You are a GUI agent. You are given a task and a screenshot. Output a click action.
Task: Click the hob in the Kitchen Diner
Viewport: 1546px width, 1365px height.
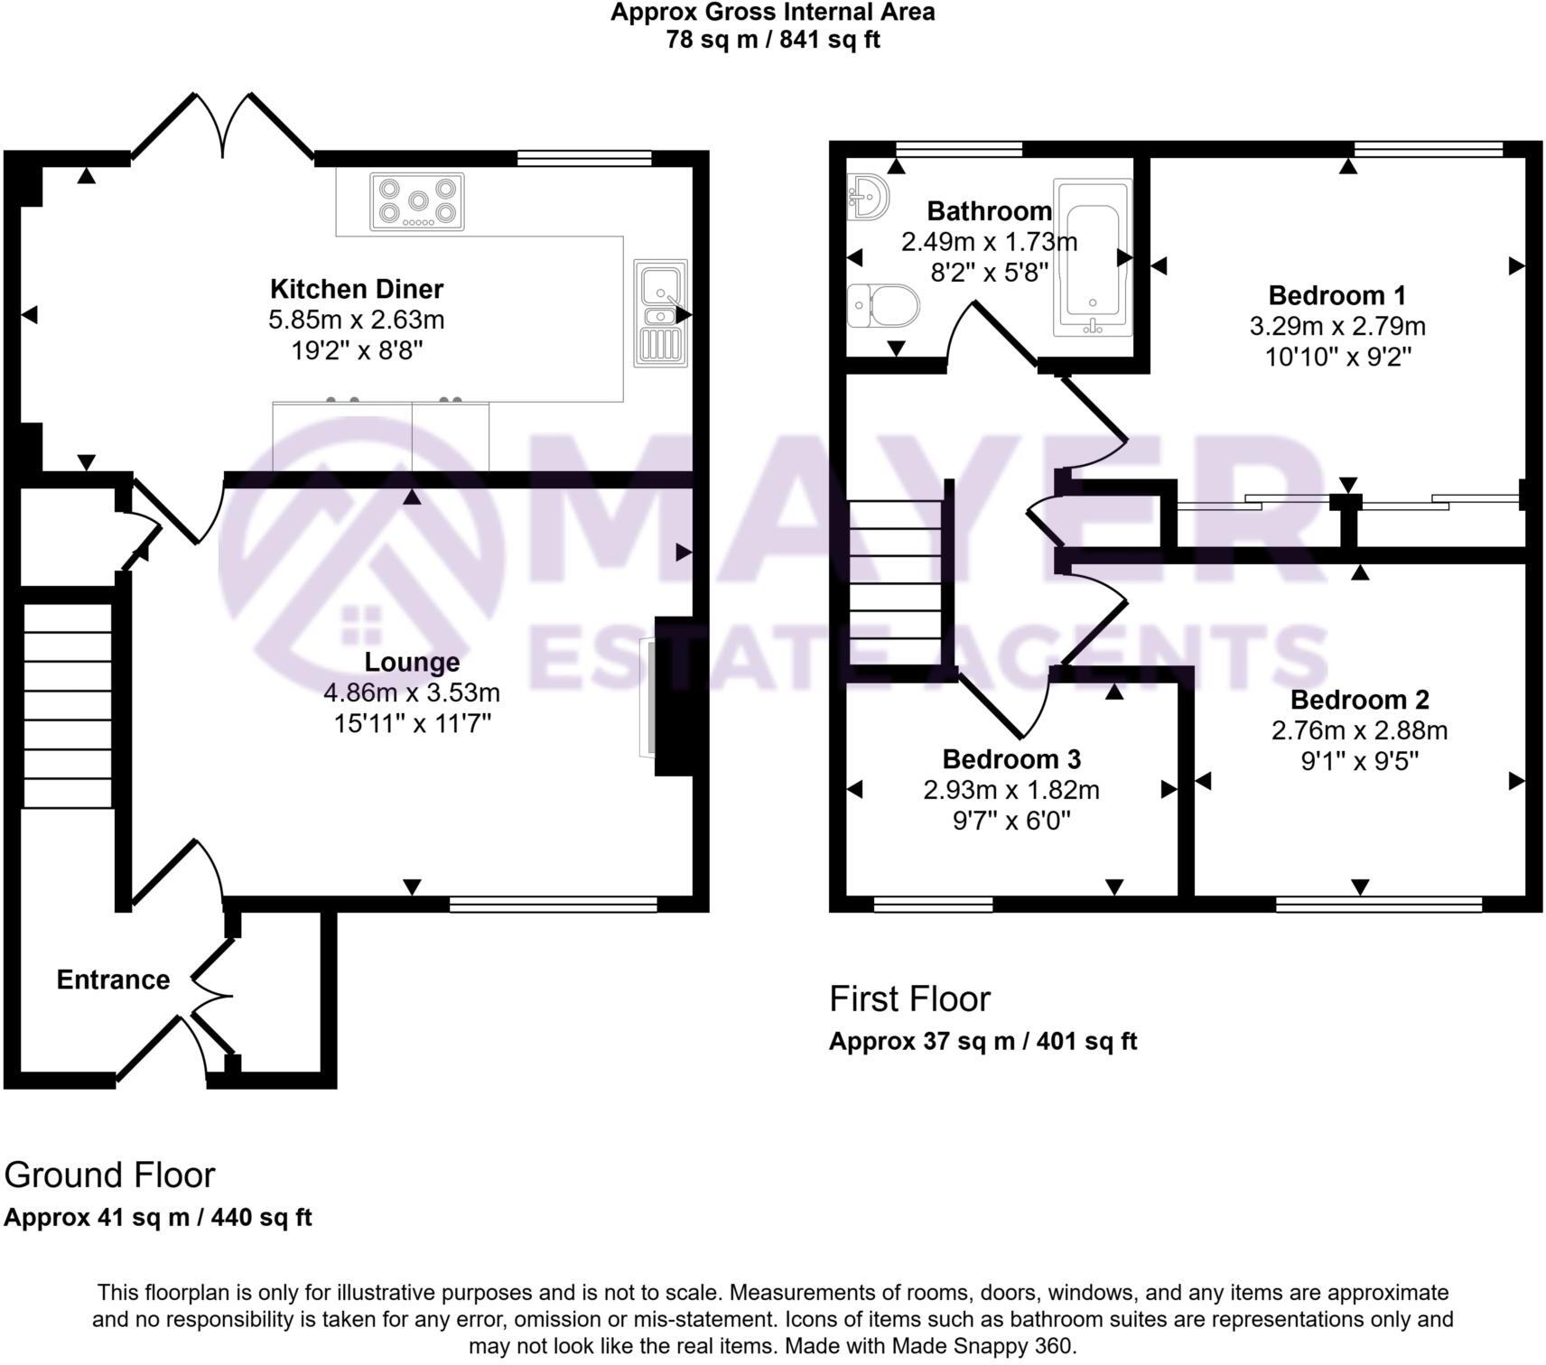point(417,201)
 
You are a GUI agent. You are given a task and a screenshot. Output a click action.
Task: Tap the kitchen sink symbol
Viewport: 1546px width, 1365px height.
point(662,312)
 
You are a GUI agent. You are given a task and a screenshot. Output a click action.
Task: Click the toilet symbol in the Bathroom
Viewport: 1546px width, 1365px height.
point(882,305)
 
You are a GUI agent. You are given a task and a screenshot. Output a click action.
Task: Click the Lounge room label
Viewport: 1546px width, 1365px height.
point(412,662)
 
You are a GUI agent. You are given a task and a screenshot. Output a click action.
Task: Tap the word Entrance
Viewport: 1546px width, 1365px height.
point(113,980)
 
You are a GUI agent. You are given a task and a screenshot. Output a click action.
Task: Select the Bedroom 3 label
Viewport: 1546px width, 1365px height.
point(1011,758)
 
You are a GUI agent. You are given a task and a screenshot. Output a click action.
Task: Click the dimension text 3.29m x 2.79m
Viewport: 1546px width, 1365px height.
point(1337,326)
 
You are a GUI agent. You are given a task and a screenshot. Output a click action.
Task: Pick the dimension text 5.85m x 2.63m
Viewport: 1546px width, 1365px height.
point(357,320)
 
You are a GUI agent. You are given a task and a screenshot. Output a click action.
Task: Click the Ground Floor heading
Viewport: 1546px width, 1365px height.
point(109,1175)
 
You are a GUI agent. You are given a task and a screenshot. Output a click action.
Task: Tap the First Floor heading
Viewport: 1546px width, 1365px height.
point(909,998)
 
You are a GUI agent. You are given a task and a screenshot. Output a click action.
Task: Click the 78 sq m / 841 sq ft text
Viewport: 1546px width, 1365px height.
point(772,40)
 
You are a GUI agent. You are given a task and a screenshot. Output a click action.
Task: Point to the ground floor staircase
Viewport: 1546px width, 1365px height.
point(68,706)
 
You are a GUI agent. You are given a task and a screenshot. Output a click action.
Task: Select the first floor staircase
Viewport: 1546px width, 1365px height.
point(895,583)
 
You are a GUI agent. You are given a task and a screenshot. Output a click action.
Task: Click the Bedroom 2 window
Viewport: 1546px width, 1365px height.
point(1378,904)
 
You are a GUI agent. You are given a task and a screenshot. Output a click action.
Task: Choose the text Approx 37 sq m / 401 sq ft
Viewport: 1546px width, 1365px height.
point(983,1041)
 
